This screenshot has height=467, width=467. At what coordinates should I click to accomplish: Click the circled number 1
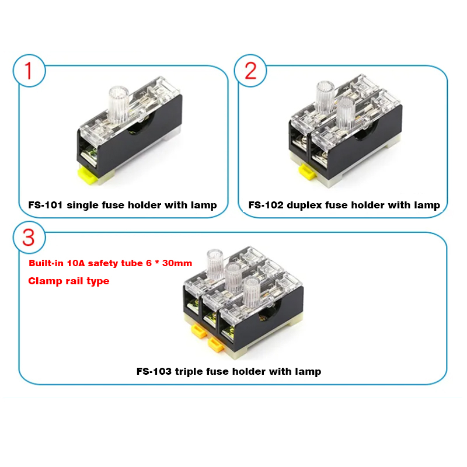click(x=27, y=70)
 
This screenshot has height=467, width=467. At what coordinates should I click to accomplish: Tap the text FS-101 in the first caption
click(x=46, y=205)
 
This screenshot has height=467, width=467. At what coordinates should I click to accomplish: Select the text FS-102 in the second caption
click(x=266, y=205)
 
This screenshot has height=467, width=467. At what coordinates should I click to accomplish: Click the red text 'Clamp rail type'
click(x=69, y=281)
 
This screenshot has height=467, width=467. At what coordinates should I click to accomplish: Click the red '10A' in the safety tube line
click(x=76, y=263)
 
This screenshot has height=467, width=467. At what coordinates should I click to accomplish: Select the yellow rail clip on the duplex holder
click(x=305, y=171)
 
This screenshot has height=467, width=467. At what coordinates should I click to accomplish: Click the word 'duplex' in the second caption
click(x=306, y=205)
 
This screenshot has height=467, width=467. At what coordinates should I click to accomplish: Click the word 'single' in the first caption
click(x=85, y=205)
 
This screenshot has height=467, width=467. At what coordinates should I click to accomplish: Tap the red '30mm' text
click(x=177, y=263)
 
